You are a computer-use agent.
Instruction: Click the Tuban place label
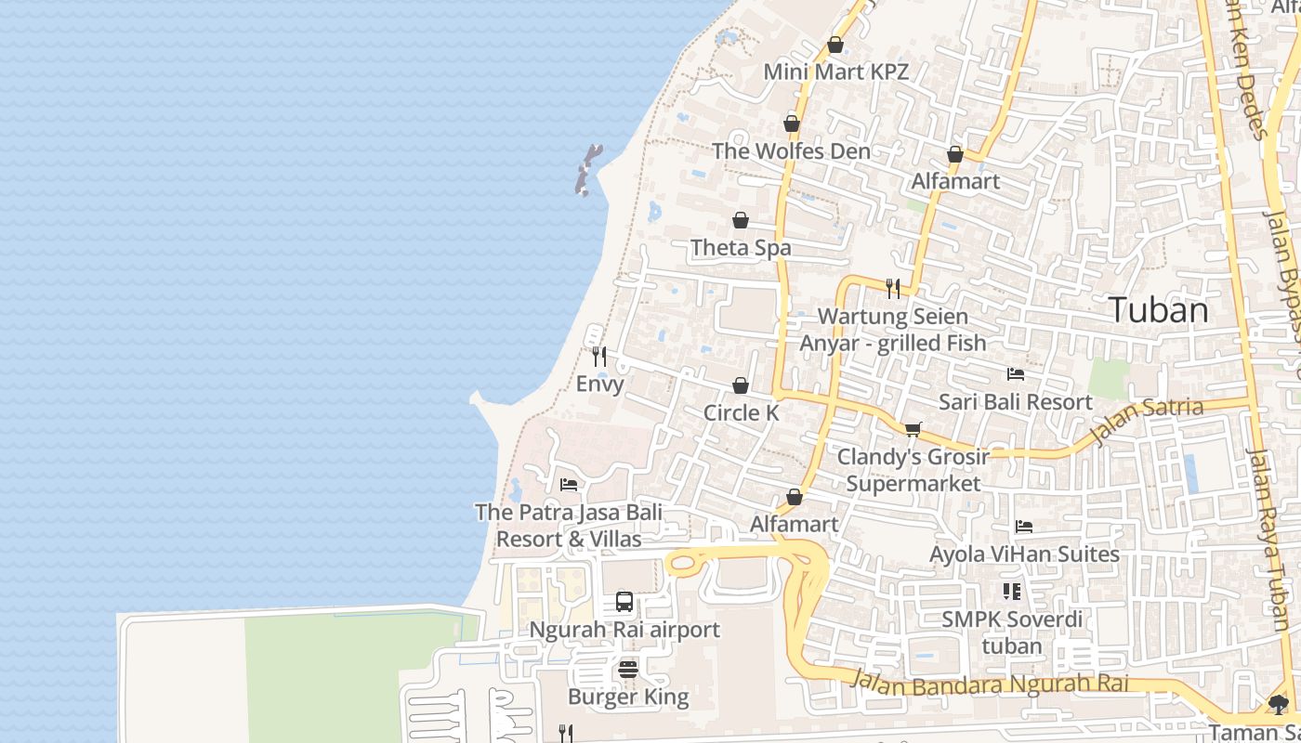[1159, 310]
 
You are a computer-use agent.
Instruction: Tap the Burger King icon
[628, 670]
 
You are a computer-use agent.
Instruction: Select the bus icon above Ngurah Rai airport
[624, 602]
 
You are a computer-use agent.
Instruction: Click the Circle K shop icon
[741, 385]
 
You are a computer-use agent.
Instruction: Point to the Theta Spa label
[741, 248]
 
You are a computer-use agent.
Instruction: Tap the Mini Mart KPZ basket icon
[835, 45]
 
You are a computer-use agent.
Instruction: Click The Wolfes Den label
[791, 150]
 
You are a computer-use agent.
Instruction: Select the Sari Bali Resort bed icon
[1016, 374]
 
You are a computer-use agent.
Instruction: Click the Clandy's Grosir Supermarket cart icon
[913, 429]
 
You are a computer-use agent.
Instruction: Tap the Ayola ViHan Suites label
[1024, 554]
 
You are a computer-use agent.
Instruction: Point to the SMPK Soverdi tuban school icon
[1011, 592]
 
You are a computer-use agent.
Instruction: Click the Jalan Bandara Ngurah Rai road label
[990, 685]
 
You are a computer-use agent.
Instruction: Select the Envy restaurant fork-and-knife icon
[599, 356]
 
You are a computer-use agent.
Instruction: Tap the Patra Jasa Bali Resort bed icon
[569, 485]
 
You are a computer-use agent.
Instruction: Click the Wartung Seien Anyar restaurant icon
[892, 289]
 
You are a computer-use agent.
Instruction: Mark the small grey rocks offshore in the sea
[586, 170]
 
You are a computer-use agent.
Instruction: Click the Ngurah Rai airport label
[624, 630]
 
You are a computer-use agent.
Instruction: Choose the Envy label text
[599, 384]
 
